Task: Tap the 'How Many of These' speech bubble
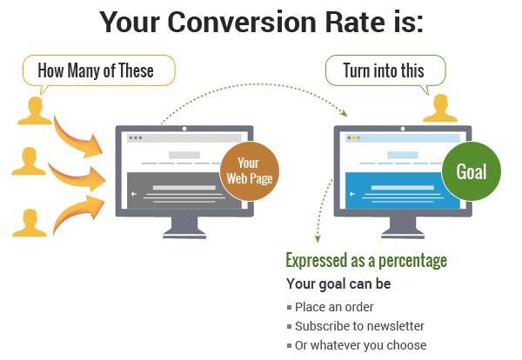pyautogui.click(x=99, y=70)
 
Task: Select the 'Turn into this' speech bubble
pyautogui.click(x=385, y=70)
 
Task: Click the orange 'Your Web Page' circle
pyautogui.click(x=250, y=171)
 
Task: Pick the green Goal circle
pyautogui.click(x=471, y=171)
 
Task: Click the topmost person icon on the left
pyautogui.click(x=35, y=110)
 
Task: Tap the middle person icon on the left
pyautogui.click(x=29, y=161)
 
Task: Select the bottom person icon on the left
pyautogui.click(x=30, y=223)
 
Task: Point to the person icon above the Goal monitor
pyautogui.click(x=440, y=108)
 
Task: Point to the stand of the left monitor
pyautogui.click(x=184, y=227)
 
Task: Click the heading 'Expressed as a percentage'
pyautogui.click(x=366, y=261)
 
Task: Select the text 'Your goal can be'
pyautogui.click(x=338, y=283)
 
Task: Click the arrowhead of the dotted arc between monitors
pyautogui.click(x=344, y=113)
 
